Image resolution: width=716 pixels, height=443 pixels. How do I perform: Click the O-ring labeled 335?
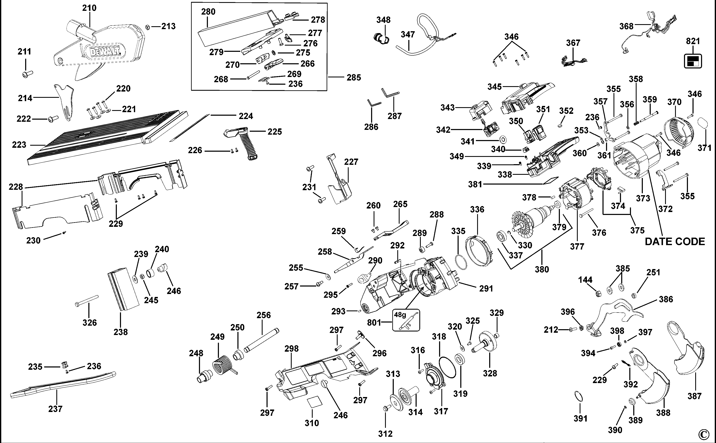click(461, 261)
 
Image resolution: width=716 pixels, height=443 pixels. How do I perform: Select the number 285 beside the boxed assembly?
click(354, 78)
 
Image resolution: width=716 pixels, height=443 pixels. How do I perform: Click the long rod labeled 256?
click(261, 341)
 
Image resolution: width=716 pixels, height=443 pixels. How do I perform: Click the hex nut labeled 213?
click(148, 27)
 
